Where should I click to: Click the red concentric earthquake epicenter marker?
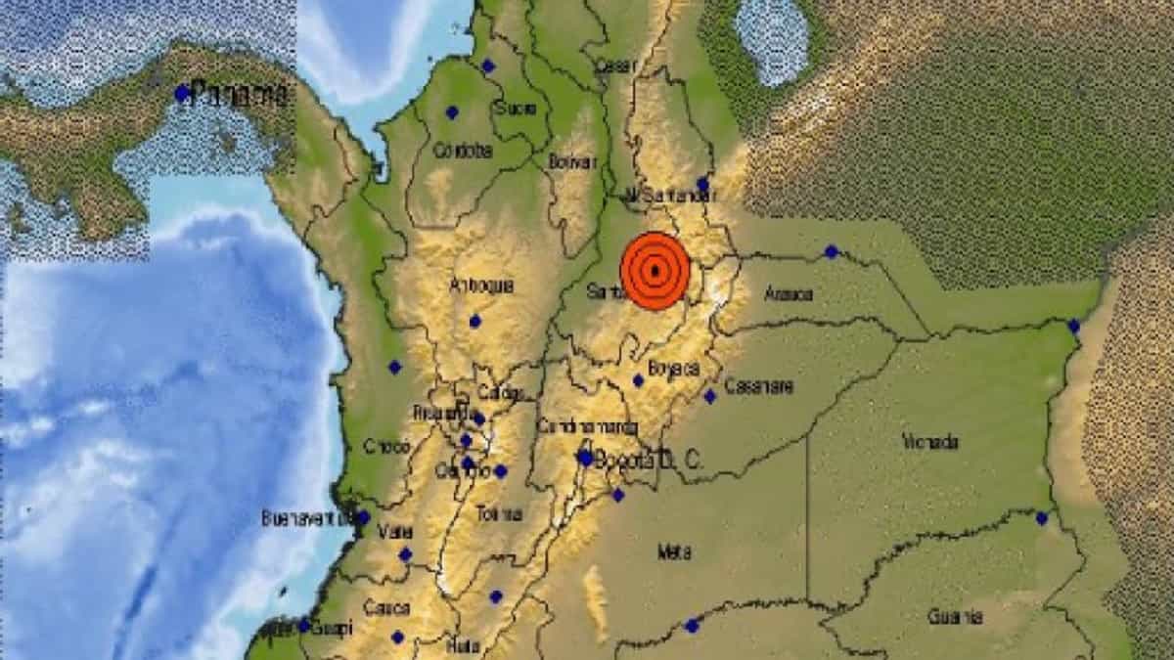655,271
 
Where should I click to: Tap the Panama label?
240,95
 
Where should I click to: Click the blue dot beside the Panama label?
181,93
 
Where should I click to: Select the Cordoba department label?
461,151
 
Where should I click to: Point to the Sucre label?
515,109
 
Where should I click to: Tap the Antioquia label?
480,286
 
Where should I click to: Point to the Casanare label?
759,386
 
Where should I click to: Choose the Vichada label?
931,443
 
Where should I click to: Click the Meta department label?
669,552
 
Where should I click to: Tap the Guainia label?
955,616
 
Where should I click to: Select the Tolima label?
498,514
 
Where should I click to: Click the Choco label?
385,446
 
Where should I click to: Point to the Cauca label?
385,607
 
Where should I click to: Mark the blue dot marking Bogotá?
585,457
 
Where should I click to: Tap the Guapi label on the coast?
333,629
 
